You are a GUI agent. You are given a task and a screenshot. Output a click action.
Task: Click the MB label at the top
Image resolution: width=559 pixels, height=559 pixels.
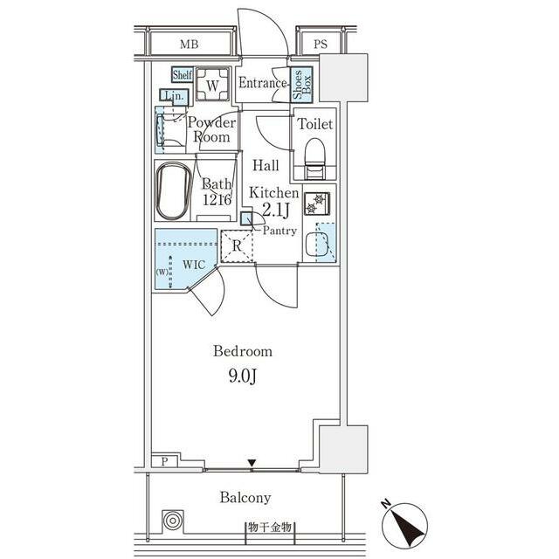pyautogui.click(x=189, y=45)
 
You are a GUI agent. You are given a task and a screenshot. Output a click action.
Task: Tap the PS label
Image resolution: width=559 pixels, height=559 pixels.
pyautogui.click(x=321, y=44)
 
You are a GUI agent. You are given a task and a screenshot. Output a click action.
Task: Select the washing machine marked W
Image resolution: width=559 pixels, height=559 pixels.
pyautogui.click(x=212, y=84)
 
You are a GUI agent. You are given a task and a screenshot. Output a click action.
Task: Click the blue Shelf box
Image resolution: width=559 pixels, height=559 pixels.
pyautogui.click(x=183, y=75)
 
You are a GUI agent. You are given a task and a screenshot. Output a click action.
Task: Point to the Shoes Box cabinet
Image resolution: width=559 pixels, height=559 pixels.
pyautogui.click(x=301, y=85)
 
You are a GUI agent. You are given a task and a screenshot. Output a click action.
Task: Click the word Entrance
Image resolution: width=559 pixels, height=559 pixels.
pyautogui.click(x=262, y=83)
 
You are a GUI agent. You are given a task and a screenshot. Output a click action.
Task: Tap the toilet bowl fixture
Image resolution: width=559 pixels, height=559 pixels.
pyautogui.click(x=315, y=158)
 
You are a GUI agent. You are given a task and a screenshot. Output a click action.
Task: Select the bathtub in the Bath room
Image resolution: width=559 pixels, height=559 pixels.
pyautogui.click(x=173, y=191)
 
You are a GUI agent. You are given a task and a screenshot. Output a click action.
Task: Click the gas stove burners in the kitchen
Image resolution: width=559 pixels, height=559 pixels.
pyautogui.click(x=317, y=204)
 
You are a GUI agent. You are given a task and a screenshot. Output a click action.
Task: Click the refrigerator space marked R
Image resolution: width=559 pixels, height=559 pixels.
pyautogui.click(x=237, y=246)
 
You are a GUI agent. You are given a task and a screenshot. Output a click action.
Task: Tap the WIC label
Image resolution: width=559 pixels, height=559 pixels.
pyautogui.click(x=194, y=265)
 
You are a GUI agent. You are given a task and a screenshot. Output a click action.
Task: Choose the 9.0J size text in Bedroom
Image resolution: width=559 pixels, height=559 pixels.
pyautogui.click(x=243, y=376)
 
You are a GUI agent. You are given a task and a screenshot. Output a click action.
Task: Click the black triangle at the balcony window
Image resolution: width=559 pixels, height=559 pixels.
pyautogui.click(x=252, y=463)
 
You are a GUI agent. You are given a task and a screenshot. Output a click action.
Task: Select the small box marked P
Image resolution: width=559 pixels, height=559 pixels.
pyautogui.click(x=165, y=461)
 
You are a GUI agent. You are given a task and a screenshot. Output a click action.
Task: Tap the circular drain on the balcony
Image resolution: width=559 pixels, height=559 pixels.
pyautogui.click(x=173, y=521)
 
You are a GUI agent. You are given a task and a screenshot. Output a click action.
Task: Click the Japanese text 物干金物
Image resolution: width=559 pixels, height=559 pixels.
pyautogui.click(x=270, y=527)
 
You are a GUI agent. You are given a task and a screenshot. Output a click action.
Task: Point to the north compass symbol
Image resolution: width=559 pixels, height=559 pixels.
pyautogui.click(x=404, y=525)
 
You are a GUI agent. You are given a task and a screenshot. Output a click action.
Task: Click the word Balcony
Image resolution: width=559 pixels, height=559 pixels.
pyautogui.click(x=245, y=498)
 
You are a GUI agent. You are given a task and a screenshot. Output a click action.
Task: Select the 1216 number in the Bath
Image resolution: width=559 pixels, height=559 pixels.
pyautogui.click(x=217, y=200)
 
